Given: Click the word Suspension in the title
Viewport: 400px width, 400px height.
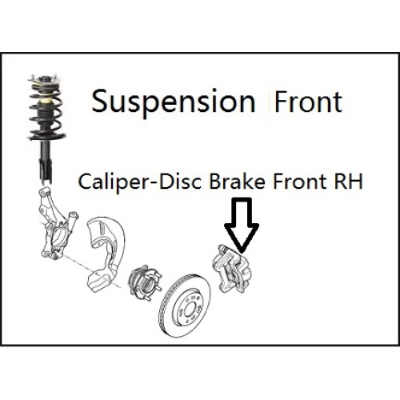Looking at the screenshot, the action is click(174, 102).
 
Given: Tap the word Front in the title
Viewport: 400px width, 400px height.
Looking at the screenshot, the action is click(308, 102).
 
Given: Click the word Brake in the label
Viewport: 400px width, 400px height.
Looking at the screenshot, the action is click(237, 181).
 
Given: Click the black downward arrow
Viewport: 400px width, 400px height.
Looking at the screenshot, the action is click(242, 226).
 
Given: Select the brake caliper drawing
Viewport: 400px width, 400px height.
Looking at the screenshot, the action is click(231, 269).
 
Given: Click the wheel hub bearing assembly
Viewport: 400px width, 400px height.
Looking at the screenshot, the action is click(145, 280).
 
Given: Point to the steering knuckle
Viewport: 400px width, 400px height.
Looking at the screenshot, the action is click(56, 223).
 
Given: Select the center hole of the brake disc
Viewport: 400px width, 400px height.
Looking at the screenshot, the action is click(190, 310).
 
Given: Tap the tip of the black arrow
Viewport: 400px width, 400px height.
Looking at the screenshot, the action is click(242, 253).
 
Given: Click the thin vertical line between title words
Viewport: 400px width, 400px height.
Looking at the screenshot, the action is click(269, 102).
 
